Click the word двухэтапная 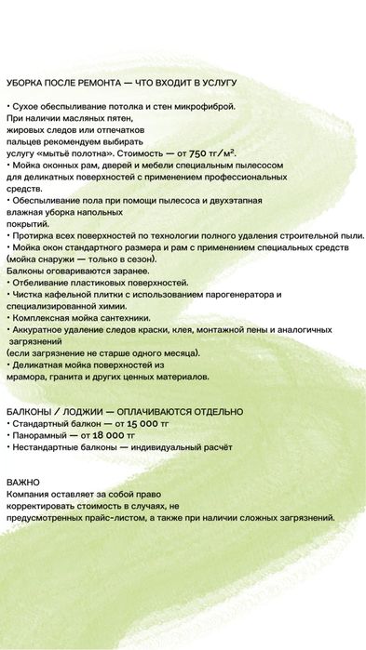coord(227,200)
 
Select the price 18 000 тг coord(111,434)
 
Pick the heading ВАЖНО coord(23,482)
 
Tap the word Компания coord(31,494)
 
